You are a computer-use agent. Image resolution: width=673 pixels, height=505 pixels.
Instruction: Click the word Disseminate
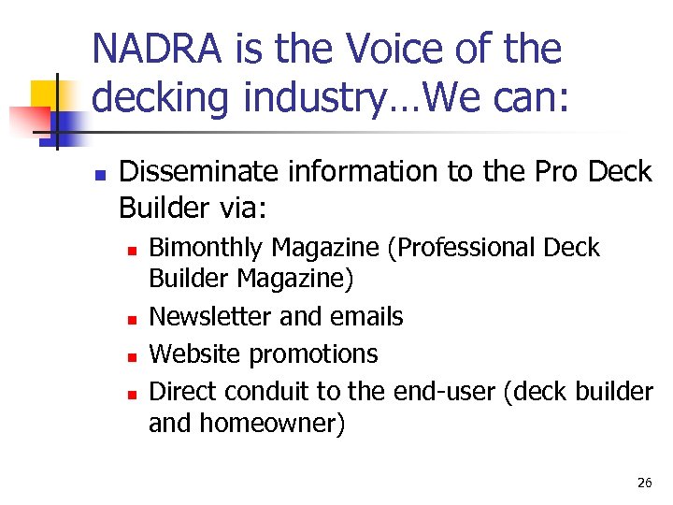pyautogui.click(x=198, y=172)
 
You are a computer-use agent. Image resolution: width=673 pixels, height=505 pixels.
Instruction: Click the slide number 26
pyautogui.click(x=644, y=483)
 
